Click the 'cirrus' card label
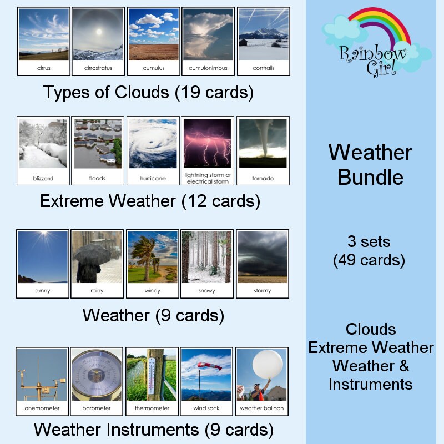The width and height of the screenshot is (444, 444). pyautogui.click(x=43, y=68)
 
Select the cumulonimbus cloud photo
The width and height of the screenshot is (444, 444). pyautogui.click(x=208, y=34)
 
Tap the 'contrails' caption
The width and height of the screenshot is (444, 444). pyautogui.click(x=263, y=68)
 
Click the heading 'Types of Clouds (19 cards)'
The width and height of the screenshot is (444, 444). pyautogui.click(x=148, y=93)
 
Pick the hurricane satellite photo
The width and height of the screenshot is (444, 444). pyautogui.click(x=153, y=143)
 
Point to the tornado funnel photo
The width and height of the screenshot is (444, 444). pyautogui.click(x=263, y=143)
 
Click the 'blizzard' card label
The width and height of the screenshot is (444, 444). pyautogui.click(x=43, y=178)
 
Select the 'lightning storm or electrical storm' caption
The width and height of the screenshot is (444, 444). pyautogui.click(x=208, y=178)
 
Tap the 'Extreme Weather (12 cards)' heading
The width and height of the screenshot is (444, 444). pyautogui.click(x=150, y=201)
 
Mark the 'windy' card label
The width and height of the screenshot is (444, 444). pyautogui.click(x=152, y=291)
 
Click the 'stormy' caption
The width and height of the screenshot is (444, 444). pyautogui.click(x=262, y=291)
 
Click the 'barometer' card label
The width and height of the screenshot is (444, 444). pyautogui.click(x=97, y=408)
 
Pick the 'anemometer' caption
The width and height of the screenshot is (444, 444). pyautogui.click(x=42, y=408)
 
